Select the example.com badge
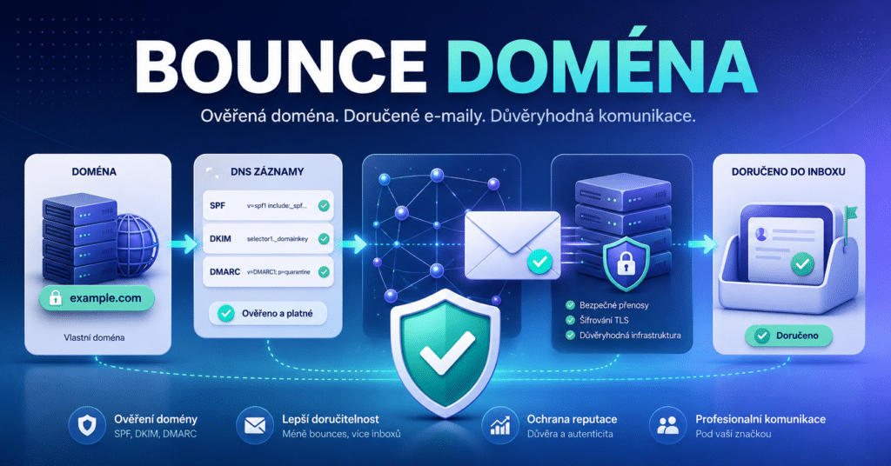coord(97,298)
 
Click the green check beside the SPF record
coord(324,205)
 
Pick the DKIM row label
coord(220,239)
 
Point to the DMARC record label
coord(224,272)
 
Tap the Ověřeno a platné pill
coord(268,313)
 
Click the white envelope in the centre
coord(512,244)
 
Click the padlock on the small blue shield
coord(626,263)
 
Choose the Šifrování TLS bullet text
coord(604,320)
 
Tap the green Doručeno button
coord(788,336)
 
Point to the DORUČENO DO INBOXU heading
coord(788,171)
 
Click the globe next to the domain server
coord(137,244)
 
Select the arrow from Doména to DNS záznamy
coord(183,244)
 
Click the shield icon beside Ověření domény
coord(87,425)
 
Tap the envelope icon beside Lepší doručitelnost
coord(255,425)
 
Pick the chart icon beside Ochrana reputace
coord(500,425)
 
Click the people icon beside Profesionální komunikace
coord(667,425)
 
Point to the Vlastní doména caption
coord(94,337)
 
